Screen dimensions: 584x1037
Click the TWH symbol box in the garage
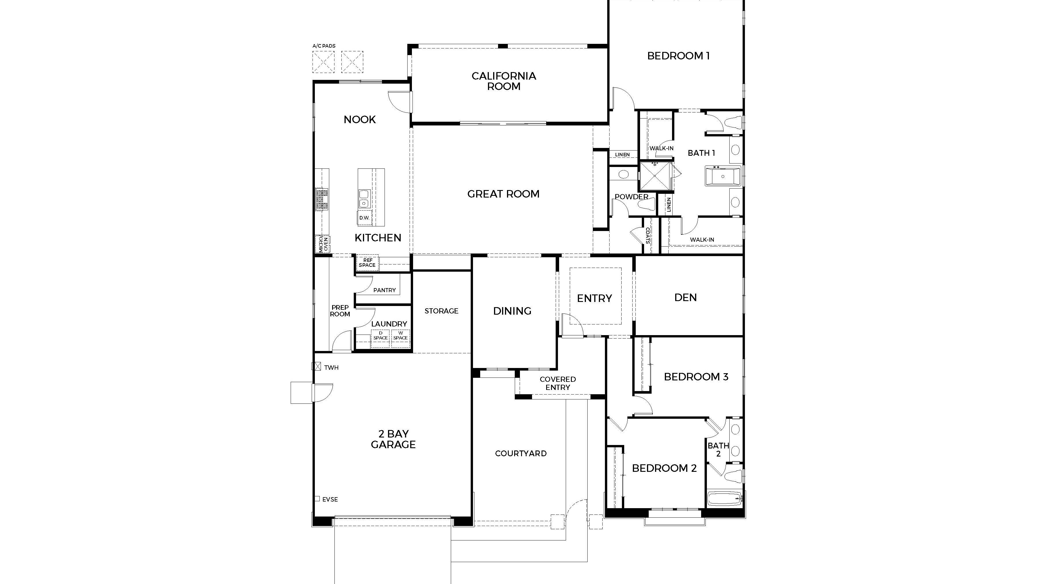pos(316,366)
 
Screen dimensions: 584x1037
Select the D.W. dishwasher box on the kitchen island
pos(364,218)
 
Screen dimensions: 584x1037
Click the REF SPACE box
pos(367,263)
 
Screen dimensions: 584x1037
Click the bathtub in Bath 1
pos(723,176)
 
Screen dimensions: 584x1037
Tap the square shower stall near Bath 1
pos(655,176)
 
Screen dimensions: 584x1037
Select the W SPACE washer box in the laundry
pos(401,336)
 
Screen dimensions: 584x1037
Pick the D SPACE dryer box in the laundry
pos(381,336)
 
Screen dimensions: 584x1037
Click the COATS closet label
pos(647,236)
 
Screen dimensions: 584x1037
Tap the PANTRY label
pos(385,290)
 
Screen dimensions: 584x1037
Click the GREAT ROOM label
pos(503,194)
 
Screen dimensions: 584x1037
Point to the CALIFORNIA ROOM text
pos(504,81)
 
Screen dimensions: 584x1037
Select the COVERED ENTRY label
pos(558,383)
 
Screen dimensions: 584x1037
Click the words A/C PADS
pos(324,46)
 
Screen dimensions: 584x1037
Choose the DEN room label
pos(685,297)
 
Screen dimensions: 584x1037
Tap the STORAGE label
pos(441,311)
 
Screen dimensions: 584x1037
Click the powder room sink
pos(623,174)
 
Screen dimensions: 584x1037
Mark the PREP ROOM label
pos(340,311)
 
